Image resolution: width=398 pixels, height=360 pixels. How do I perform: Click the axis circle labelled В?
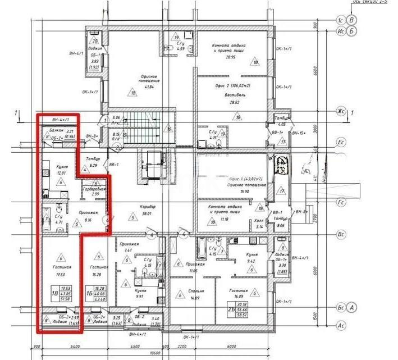pos(352,19)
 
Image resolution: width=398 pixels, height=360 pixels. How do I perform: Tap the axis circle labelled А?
pos(351,308)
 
